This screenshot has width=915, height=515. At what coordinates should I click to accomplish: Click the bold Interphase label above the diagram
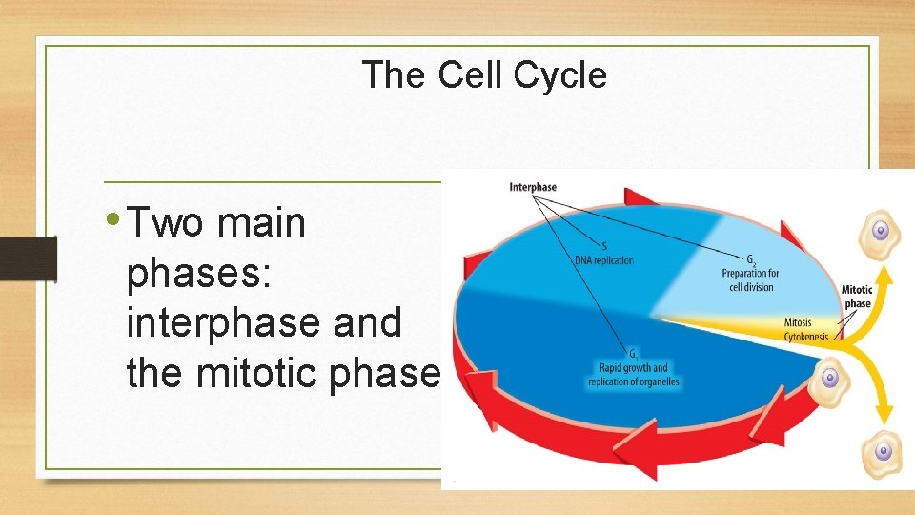533,187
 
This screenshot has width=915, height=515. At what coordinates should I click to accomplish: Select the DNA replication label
604,260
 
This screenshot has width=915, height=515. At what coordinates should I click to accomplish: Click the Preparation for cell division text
749,280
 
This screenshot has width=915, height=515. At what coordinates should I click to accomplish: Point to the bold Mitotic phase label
856,297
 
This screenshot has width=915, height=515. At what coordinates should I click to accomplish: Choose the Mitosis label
798,323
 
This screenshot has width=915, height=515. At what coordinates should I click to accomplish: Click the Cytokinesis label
805,337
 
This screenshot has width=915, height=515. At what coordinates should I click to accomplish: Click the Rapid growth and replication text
634,375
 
